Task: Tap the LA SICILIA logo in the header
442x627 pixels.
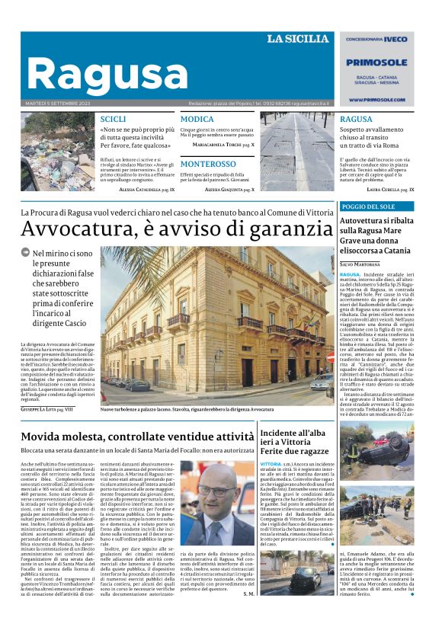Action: [x=297, y=39]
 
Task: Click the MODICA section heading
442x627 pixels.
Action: [x=197, y=120]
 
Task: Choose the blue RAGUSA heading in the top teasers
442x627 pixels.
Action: [x=356, y=120]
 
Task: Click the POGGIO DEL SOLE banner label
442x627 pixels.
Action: [x=367, y=206]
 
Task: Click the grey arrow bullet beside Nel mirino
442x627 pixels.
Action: [x=26, y=252]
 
